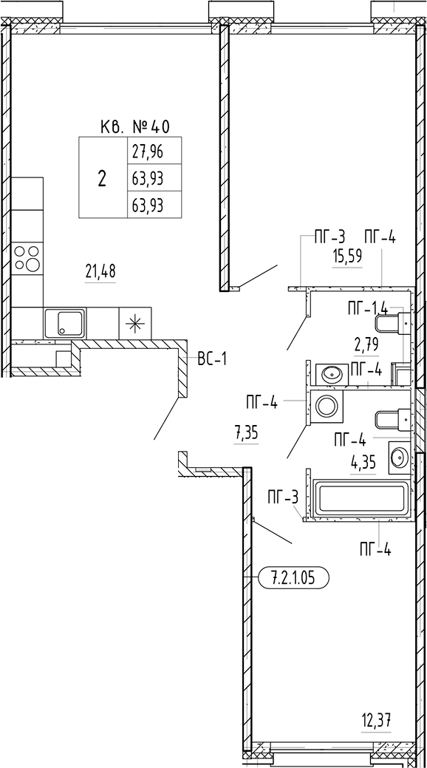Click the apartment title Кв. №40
pyautogui.click(x=134, y=127)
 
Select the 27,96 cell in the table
pyautogui.click(x=148, y=152)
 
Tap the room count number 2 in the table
pyautogui.click(x=102, y=179)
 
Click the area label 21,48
pyautogui.click(x=100, y=271)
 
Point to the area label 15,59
pyautogui.click(x=348, y=257)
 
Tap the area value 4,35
pyautogui.click(x=363, y=463)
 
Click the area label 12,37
pyautogui.click(x=376, y=721)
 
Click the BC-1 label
pyautogui.click(x=213, y=359)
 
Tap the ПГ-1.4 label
pyautogui.click(x=368, y=308)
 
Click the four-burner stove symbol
pyautogui.click(x=27, y=258)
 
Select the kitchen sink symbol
pyautogui.click(x=64, y=323)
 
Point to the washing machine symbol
pyautogui.click(x=327, y=406)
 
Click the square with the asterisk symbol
pyautogui.click(x=135, y=323)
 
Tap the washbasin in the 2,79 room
pyautogui.click(x=332, y=375)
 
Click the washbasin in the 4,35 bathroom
pyautogui.click(x=400, y=458)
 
